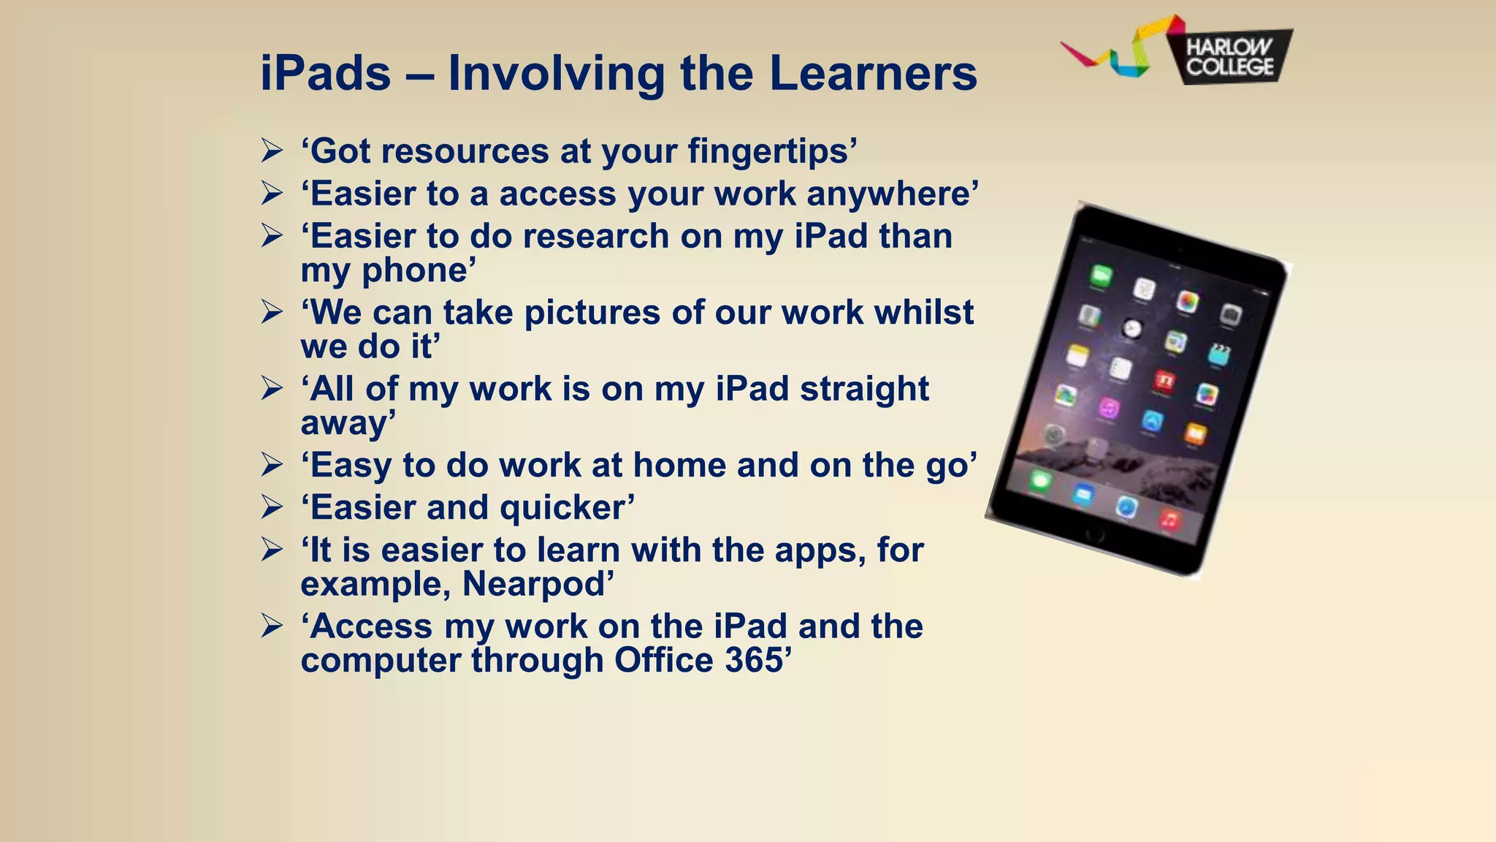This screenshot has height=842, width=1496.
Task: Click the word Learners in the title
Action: [x=873, y=74]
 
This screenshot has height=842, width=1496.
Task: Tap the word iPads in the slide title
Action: [x=326, y=74]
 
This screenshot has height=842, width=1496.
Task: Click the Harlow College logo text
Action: [x=1229, y=57]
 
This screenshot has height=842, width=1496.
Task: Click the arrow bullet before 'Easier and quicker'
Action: [x=272, y=507]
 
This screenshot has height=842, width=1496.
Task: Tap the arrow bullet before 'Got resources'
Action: [x=272, y=151]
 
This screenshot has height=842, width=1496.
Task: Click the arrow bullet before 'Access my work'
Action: [x=272, y=626]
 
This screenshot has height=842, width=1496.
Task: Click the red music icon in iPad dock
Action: [x=1169, y=520]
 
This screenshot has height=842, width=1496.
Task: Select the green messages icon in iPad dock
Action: [x=1040, y=482]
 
